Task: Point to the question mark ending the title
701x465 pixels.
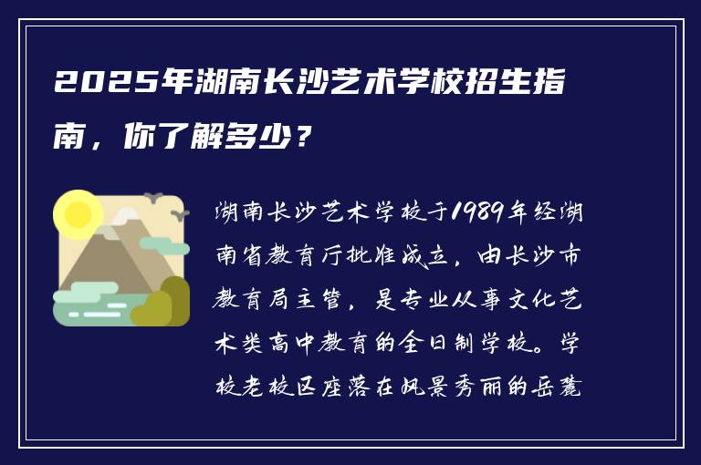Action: tap(307, 138)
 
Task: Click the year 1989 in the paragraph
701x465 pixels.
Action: tap(473, 215)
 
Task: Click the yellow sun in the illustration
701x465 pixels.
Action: tap(77, 214)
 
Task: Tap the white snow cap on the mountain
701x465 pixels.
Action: tap(127, 219)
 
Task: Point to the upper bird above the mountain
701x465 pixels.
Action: tap(153, 196)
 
